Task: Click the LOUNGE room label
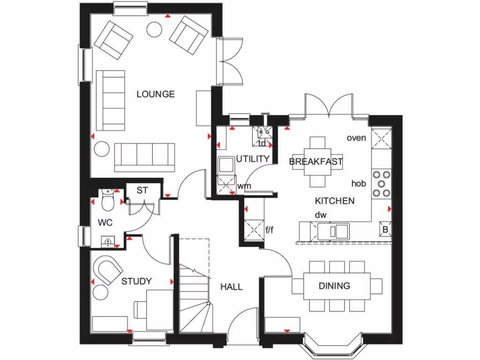pyautogui.click(x=155, y=94)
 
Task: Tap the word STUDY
pyautogui.click(x=136, y=281)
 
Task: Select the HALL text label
pyautogui.click(x=232, y=286)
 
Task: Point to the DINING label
pyautogui.click(x=335, y=285)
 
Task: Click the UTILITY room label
pyautogui.click(x=253, y=159)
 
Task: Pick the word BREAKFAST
pyautogui.click(x=316, y=162)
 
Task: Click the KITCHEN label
pyautogui.click(x=334, y=201)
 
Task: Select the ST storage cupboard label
pyautogui.click(x=142, y=191)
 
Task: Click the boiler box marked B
pyautogui.click(x=385, y=230)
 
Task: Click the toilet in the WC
pyautogui.click(x=107, y=201)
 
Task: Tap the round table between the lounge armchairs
pyautogui.click(x=155, y=30)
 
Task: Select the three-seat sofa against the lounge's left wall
pyautogui.click(x=111, y=100)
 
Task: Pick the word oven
pyautogui.click(x=355, y=138)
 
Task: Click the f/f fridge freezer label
pyautogui.click(x=270, y=230)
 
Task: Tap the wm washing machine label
pyautogui.click(x=244, y=186)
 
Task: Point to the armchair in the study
pyautogui.click(x=109, y=270)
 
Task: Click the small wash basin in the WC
pyautogui.click(x=108, y=241)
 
